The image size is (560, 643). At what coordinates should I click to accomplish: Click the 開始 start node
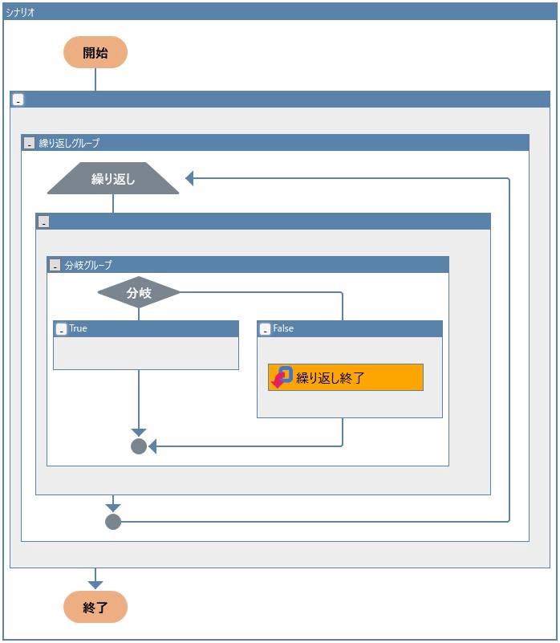[95, 53]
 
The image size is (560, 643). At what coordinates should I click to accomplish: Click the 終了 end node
[95, 608]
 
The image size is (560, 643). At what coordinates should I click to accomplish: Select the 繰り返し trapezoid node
[113, 179]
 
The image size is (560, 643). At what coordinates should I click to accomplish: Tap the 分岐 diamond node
[139, 293]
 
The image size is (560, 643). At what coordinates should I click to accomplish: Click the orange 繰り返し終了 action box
[346, 377]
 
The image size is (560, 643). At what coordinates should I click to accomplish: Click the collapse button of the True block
[61, 329]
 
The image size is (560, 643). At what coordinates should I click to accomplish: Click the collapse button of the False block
[265, 329]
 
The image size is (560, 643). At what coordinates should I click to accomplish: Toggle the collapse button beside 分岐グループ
[55, 265]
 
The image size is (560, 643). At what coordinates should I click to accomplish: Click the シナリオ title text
[20, 12]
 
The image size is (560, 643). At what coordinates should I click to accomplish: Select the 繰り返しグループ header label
[69, 143]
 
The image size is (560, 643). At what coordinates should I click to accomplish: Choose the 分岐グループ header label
[88, 265]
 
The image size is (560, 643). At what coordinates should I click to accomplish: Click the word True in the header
[78, 328]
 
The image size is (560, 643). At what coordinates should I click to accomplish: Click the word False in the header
[283, 328]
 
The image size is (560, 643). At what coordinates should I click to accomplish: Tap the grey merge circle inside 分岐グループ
[139, 446]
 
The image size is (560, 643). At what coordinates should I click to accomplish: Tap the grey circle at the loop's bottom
[113, 522]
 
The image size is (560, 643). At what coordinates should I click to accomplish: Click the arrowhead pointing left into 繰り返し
[190, 178]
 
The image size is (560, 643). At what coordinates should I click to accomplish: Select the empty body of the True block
[146, 353]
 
